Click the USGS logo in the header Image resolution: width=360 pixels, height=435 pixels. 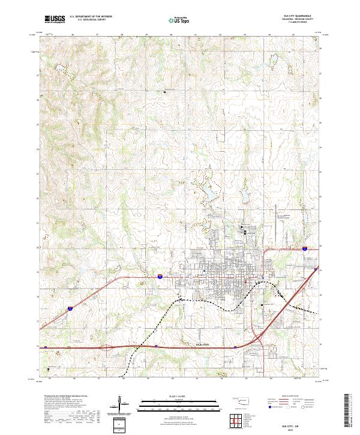pyautogui.click(x=55, y=20)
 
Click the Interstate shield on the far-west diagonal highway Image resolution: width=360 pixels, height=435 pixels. pyautogui.click(x=70, y=308)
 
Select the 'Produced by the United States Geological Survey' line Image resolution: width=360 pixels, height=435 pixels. pyautogui.click(x=64, y=397)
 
